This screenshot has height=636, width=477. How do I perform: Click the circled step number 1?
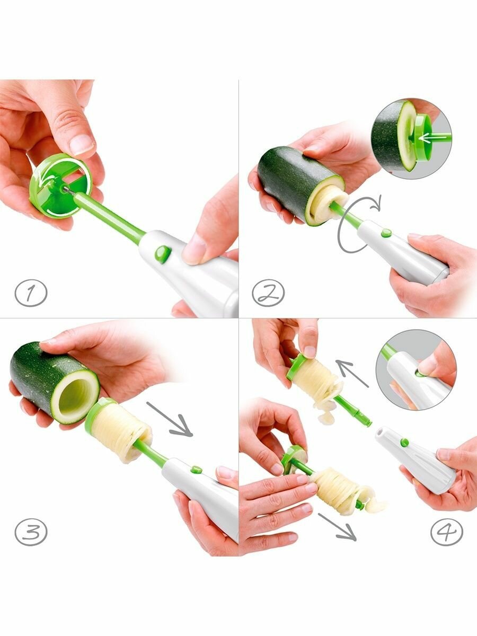click(x=31, y=293)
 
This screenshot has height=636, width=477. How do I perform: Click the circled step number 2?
click(x=268, y=293)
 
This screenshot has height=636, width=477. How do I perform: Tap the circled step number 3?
click(x=31, y=532)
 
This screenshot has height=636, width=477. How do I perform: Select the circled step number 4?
click(x=447, y=532)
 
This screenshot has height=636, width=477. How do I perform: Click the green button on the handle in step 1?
click(x=163, y=254)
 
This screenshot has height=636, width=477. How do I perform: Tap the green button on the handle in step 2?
click(x=386, y=233)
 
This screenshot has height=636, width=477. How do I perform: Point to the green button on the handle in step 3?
click(x=196, y=470)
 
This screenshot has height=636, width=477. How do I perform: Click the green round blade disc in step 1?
click(x=60, y=186)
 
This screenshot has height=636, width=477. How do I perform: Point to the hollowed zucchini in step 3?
click(x=55, y=383)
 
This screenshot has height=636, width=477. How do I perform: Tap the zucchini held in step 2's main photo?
click(x=301, y=186)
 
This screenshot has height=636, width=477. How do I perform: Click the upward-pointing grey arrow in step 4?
click(x=352, y=373)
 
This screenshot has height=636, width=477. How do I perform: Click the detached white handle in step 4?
click(x=416, y=461)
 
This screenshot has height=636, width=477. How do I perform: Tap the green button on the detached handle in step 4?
click(x=404, y=450)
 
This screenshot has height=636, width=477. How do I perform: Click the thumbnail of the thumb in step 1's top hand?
click(x=82, y=144)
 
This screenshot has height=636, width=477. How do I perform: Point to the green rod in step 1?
click(x=110, y=215)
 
